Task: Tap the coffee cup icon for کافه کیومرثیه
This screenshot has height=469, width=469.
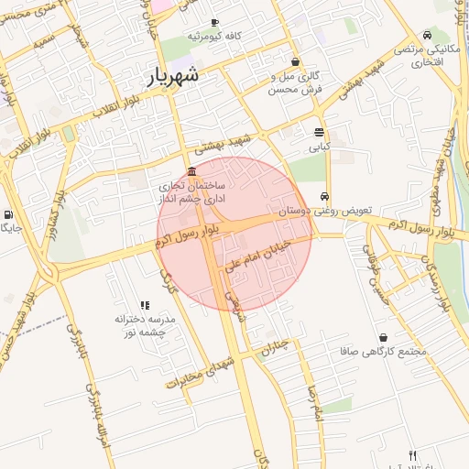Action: tap(214, 23)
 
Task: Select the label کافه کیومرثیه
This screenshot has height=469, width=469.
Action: tap(213, 36)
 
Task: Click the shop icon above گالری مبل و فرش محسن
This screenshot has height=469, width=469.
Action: tap(295, 61)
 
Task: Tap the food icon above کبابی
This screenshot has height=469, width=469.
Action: tap(319, 132)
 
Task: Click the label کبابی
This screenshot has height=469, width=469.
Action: tap(319, 146)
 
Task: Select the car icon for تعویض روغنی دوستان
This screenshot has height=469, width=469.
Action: tap(325, 197)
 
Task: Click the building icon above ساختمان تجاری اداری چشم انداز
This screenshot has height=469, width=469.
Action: tap(191, 171)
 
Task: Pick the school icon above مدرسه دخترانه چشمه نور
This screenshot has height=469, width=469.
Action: tap(144, 305)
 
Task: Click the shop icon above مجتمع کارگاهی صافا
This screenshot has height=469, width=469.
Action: tap(382, 337)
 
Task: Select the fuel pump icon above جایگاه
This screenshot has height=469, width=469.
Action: tap(8, 213)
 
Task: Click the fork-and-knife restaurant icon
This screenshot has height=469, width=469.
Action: tap(412, 455)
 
